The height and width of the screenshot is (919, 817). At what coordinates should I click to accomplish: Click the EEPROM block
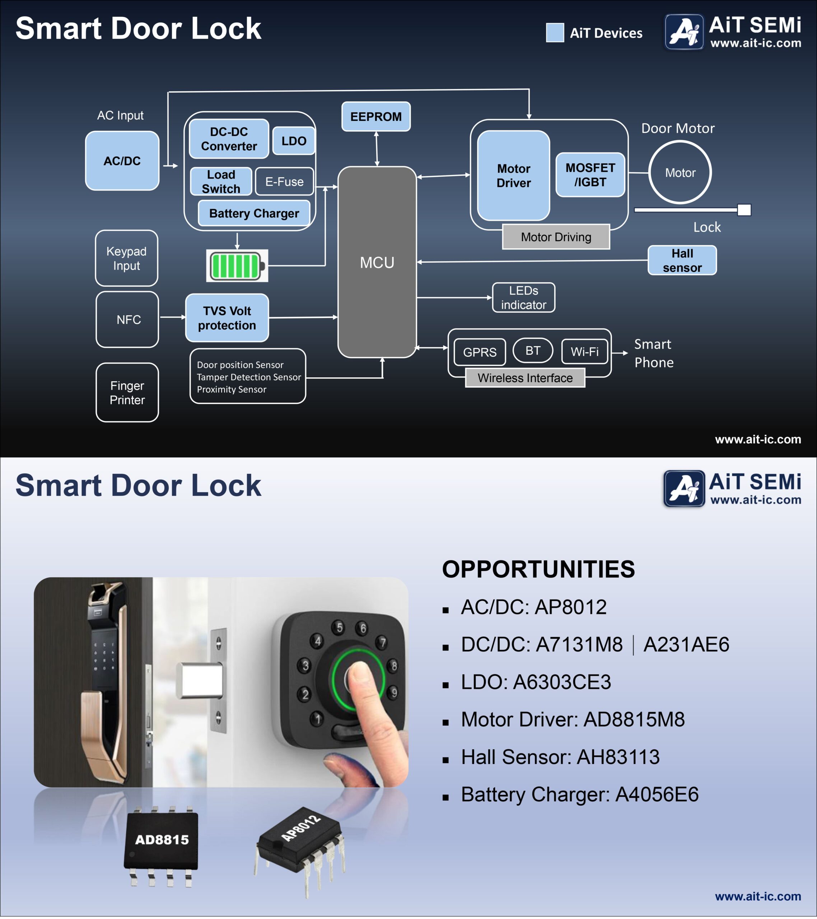pyautogui.click(x=376, y=116)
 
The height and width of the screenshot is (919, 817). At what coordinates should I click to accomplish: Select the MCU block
pyautogui.click(x=377, y=262)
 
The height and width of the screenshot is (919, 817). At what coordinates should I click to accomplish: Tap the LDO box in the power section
pyautogui.click(x=294, y=141)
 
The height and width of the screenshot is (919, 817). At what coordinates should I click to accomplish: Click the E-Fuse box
pyautogui.click(x=284, y=182)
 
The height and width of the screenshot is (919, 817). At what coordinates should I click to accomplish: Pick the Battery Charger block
pyautogui.click(x=254, y=213)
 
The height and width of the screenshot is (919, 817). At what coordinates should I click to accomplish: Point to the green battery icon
pyautogui.click(x=237, y=266)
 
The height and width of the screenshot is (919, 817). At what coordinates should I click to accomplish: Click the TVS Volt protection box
pyautogui.click(x=227, y=318)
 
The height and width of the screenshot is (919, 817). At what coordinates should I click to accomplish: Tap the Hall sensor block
pyautogui.click(x=682, y=260)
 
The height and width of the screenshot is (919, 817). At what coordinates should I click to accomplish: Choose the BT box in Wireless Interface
pyautogui.click(x=533, y=351)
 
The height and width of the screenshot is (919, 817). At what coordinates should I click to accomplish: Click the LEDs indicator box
pyautogui.click(x=523, y=298)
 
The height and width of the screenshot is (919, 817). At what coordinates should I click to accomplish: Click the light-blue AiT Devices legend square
pyautogui.click(x=555, y=33)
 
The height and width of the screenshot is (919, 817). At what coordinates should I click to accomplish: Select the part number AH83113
pyautogui.click(x=618, y=757)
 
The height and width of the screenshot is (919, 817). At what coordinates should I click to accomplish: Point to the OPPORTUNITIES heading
pyautogui.click(x=538, y=569)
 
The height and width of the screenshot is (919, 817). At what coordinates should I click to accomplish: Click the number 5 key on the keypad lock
pyautogui.click(x=340, y=627)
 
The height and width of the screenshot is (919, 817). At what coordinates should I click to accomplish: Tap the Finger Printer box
pyautogui.click(x=127, y=392)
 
